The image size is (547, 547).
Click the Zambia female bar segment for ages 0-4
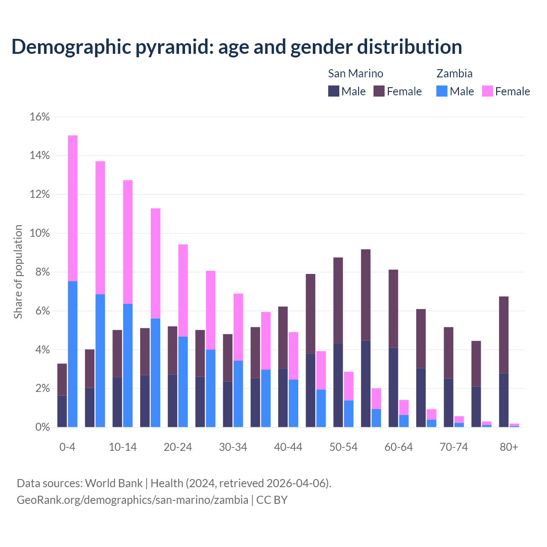[x=73, y=208]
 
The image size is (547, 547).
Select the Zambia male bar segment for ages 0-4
[x=73, y=354]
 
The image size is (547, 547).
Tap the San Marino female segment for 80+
[x=504, y=335]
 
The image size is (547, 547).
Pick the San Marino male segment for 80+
[x=504, y=400]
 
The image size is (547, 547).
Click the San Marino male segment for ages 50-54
[x=338, y=385]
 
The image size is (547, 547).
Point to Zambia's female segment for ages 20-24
[x=183, y=290]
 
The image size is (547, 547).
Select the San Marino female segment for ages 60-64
[x=393, y=309]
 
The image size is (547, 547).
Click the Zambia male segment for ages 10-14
[x=128, y=365]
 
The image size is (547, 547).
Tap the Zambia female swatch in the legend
[x=487, y=91]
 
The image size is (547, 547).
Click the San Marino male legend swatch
[x=333, y=91]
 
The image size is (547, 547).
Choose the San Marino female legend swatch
[x=379, y=91]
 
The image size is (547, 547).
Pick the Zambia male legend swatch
[x=442, y=91]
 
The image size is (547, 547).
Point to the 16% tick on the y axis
[x=40, y=117]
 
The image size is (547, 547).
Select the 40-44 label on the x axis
[x=288, y=447]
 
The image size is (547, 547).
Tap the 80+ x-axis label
[x=509, y=447]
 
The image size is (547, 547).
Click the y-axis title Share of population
[x=18, y=272]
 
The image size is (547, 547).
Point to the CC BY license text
[x=272, y=500]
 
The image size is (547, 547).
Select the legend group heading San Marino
[x=355, y=74]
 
